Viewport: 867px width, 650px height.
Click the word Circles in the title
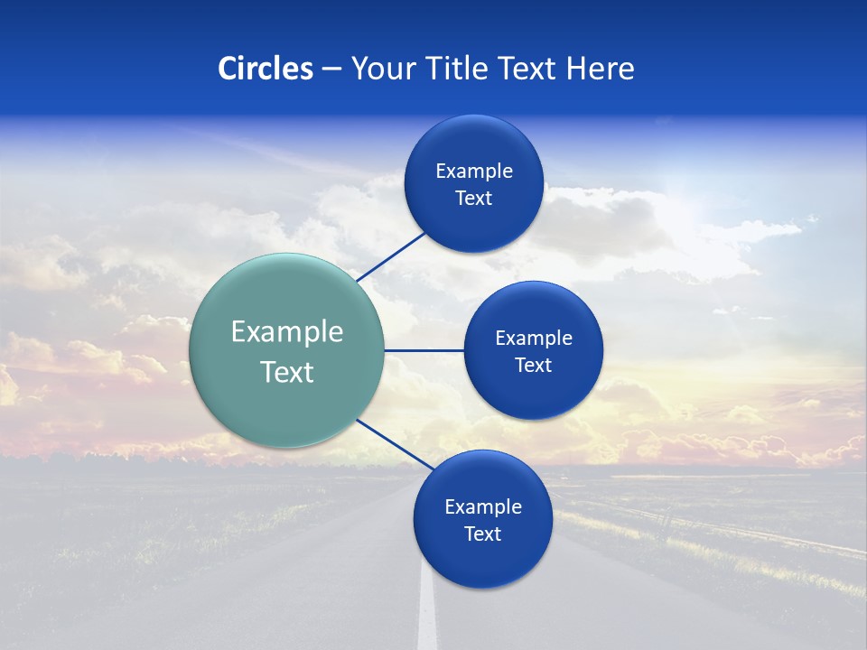pos(266,68)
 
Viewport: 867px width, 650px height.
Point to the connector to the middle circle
pos(424,350)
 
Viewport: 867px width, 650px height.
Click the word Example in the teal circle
pos(287,332)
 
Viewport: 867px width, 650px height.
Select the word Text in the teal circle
pos(287,372)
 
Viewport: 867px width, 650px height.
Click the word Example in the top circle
pos(474,171)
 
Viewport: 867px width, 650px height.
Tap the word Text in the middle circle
pos(533,365)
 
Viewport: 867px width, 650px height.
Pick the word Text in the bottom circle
pos(482,534)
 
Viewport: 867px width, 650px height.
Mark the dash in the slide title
pos(331,70)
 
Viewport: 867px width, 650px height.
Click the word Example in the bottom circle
pos(483,506)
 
